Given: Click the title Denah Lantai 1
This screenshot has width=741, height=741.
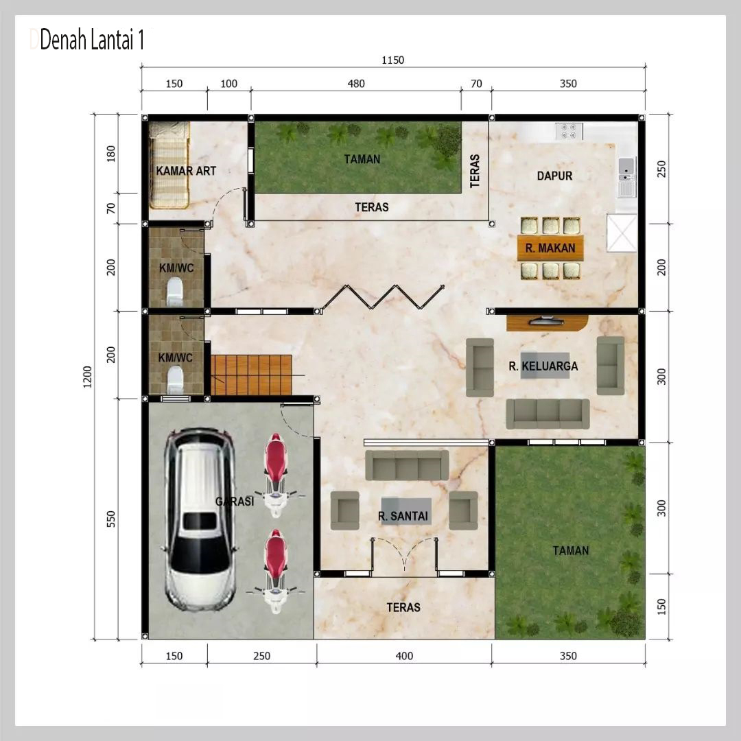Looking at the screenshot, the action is pyautogui.click(x=92, y=40).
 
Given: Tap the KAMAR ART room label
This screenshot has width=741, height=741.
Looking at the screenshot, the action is pyautogui.click(x=186, y=171).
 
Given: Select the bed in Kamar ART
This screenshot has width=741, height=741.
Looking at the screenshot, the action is pyautogui.click(x=169, y=165).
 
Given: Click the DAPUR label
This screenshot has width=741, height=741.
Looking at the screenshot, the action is pyautogui.click(x=554, y=176).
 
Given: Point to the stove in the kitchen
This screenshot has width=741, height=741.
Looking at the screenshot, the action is pyautogui.click(x=569, y=131).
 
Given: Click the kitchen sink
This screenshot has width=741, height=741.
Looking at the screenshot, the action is pyautogui.click(x=626, y=172).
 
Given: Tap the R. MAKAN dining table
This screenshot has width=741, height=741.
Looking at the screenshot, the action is pyautogui.click(x=550, y=248).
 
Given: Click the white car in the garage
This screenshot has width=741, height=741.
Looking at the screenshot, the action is pyautogui.click(x=200, y=520).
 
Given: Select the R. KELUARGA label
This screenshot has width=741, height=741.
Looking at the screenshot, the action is pyautogui.click(x=543, y=366).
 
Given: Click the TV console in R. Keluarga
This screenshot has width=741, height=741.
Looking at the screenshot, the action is pyautogui.click(x=547, y=323).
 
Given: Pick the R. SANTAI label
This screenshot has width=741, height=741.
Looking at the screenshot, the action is pyautogui.click(x=403, y=516).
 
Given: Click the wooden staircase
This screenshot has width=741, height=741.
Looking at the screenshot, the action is pyautogui.click(x=251, y=375).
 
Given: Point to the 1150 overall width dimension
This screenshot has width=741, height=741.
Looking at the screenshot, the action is pyautogui.click(x=392, y=60).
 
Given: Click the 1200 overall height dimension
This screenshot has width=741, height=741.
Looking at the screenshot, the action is pyautogui.click(x=87, y=377).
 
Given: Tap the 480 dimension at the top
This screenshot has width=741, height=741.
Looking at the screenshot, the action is pyautogui.click(x=356, y=84).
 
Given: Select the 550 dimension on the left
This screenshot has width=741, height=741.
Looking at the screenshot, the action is pyautogui.click(x=110, y=519).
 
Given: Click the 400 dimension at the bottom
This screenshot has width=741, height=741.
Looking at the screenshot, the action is pyautogui.click(x=404, y=655).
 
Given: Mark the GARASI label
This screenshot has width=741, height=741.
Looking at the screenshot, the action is pyautogui.click(x=235, y=501).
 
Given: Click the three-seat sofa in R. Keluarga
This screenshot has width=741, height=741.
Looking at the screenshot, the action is pyautogui.click(x=548, y=414).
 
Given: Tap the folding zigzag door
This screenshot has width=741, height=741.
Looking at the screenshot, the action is pyautogui.click(x=381, y=298).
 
